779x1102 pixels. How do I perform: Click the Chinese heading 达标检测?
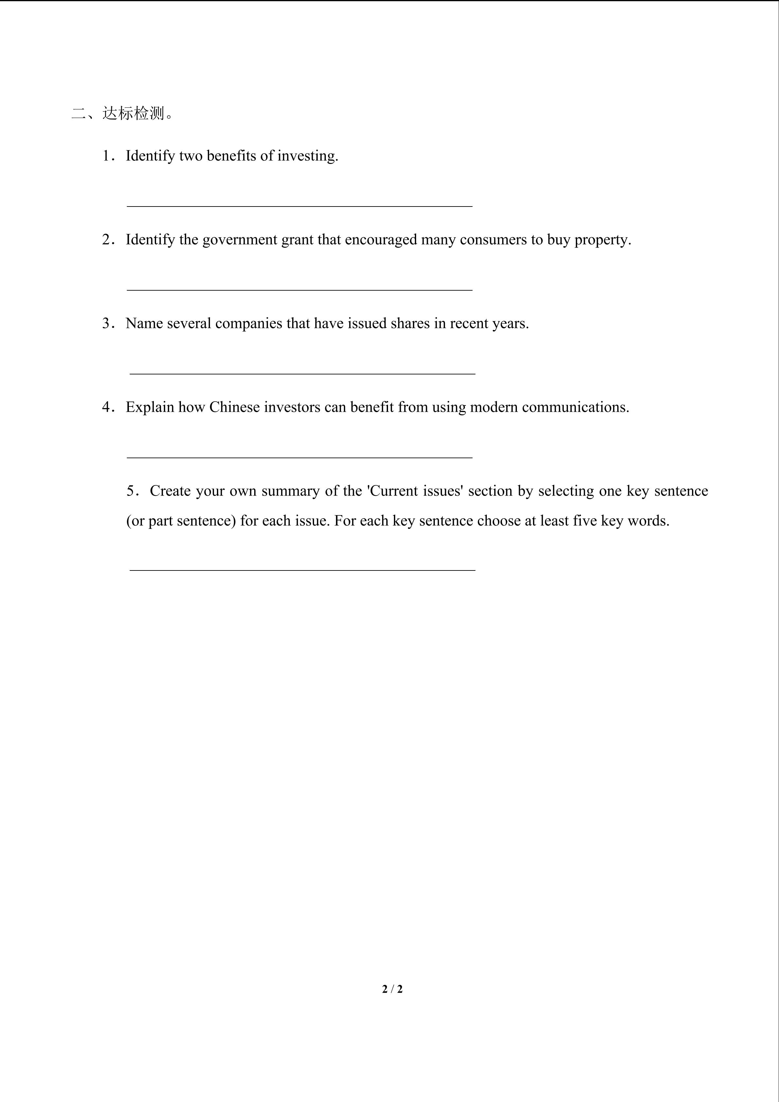tap(133, 114)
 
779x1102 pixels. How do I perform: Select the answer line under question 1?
tap(299, 206)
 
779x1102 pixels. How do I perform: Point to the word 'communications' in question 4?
tap(574, 407)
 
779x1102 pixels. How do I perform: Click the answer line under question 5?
tap(302, 570)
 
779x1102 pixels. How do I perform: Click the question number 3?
tap(106, 323)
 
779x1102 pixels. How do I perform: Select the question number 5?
tap(131, 491)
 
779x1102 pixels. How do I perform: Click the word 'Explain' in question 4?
tap(150, 407)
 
